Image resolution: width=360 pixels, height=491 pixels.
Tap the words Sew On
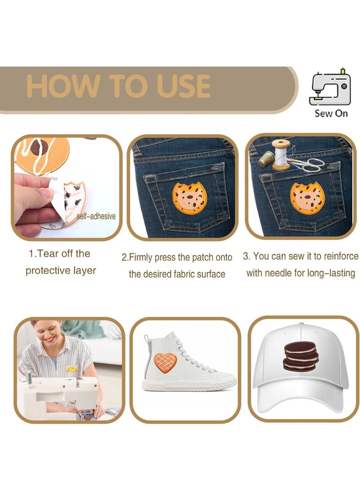point(331,113)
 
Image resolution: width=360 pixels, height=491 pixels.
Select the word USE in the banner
point(184,86)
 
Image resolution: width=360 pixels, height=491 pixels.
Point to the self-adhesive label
point(96,216)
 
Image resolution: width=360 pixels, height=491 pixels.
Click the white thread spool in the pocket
point(282,155)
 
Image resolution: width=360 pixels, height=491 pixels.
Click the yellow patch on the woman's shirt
point(72,369)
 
